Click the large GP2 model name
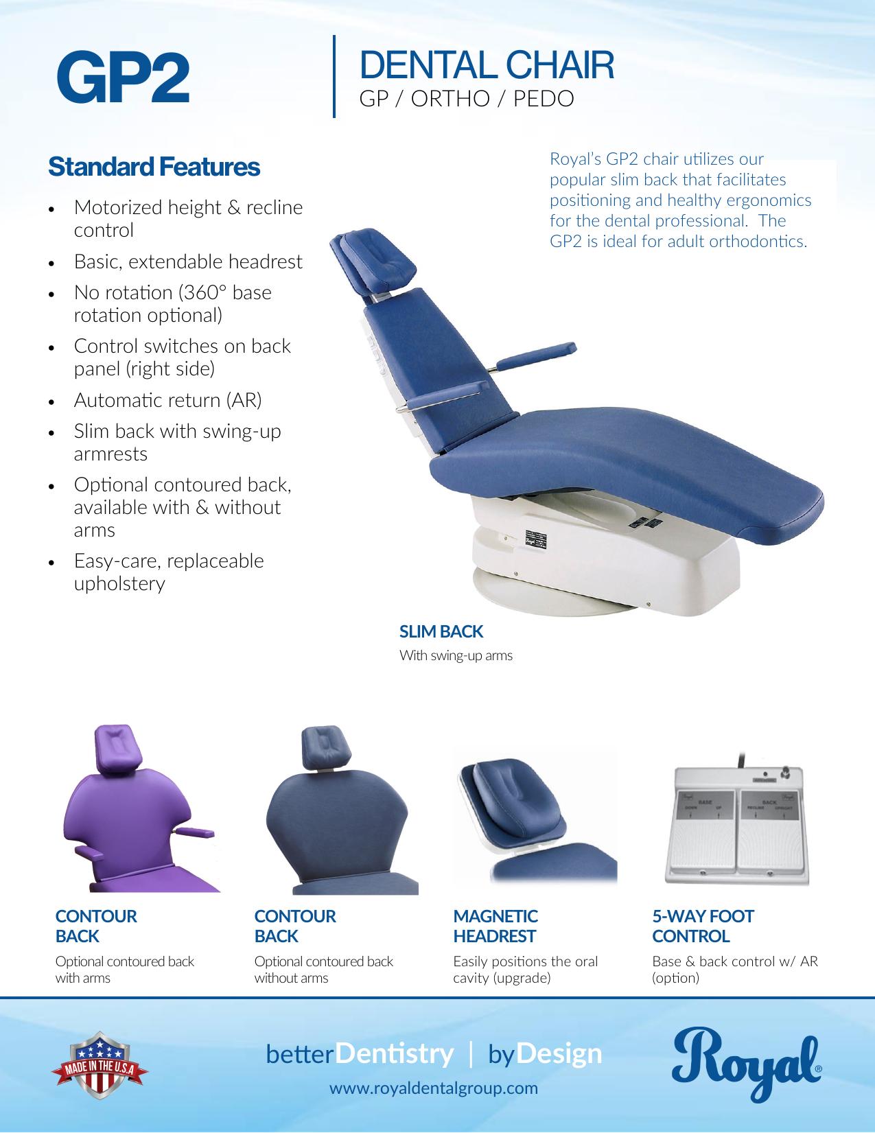click(123, 77)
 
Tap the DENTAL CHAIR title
click(487, 65)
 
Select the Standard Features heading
click(154, 167)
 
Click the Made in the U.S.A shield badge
click(100, 1064)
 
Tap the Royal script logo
click(746, 1064)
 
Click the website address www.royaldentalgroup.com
click(433, 1088)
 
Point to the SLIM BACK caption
click(441, 631)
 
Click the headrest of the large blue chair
click(373, 259)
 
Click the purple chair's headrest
click(118, 747)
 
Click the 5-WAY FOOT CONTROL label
click(703, 926)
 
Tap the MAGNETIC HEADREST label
click(495, 926)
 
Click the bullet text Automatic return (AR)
click(167, 400)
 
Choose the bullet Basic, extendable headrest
click(188, 261)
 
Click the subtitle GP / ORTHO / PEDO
click(467, 99)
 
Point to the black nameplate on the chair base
click(535, 539)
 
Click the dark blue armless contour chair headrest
click(323, 747)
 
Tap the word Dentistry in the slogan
click(394, 1053)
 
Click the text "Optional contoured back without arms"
click(323, 969)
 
